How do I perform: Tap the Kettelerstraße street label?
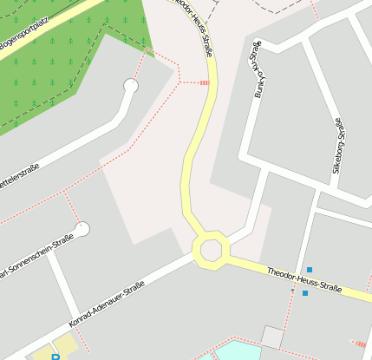(19, 178)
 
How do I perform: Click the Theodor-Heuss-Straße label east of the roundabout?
(303, 279)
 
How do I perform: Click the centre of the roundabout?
(211, 250)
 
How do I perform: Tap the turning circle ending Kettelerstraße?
(131, 86)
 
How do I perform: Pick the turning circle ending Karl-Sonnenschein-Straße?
(82, 229)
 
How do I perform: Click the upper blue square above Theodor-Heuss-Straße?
(309, 270)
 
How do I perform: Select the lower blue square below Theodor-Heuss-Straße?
(304, 293)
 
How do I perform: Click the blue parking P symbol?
(56, 356)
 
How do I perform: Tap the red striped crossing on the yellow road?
(205, 82)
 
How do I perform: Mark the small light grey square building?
(272, 337)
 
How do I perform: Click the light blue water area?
(234, 350)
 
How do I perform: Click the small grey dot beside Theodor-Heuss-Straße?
(292, 289)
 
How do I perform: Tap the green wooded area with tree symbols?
(69, 61)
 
